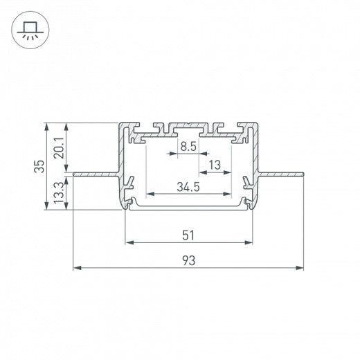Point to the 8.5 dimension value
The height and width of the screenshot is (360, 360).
(188, 147)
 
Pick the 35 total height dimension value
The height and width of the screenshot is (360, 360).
(39, 166)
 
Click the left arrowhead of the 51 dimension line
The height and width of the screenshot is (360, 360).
(128, 242)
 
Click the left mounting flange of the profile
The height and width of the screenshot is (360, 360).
(93, 173)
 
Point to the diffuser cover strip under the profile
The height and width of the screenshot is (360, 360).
(188, 206)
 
